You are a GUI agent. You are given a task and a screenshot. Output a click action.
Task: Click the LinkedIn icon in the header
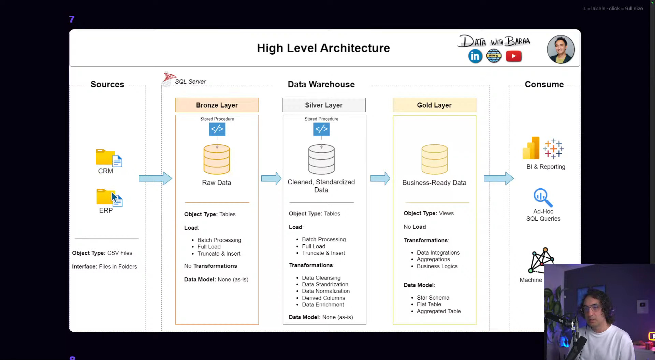tap(475, 56)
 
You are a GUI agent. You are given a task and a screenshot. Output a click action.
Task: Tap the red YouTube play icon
tap(514, 56)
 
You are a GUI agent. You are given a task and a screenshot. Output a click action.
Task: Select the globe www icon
tap(494, 56)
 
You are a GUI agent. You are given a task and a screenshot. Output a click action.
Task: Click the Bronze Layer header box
tap(217, 105)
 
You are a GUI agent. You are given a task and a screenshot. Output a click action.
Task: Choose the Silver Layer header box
tap(324, 105)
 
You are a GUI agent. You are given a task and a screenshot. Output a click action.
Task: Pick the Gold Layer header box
tap(434, 105)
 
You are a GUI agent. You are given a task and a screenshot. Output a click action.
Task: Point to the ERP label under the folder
tap(106, 211)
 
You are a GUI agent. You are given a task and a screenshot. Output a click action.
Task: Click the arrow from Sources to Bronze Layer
tap(156, 178)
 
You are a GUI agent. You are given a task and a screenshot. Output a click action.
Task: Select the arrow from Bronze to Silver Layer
tap(271, 178)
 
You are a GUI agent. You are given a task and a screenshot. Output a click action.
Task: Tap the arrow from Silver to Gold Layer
tap(380, 178)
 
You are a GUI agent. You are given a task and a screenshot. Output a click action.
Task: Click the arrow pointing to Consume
tap(499, 178)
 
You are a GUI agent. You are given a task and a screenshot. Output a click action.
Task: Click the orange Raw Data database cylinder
tap(217, 159)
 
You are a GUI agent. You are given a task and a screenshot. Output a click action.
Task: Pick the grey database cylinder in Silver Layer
tap(321, 159)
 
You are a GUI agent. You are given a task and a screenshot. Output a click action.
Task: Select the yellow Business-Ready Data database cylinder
tap(434, 159)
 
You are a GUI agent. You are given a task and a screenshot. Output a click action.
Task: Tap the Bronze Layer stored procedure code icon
tap(217, 129)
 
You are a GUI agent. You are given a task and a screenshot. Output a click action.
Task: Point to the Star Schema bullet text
tap(433, 298)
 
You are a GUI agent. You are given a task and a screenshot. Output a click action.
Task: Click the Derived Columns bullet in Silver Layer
tap(323, 298)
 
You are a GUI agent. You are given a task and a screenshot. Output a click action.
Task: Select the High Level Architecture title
tap(323, 48)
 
